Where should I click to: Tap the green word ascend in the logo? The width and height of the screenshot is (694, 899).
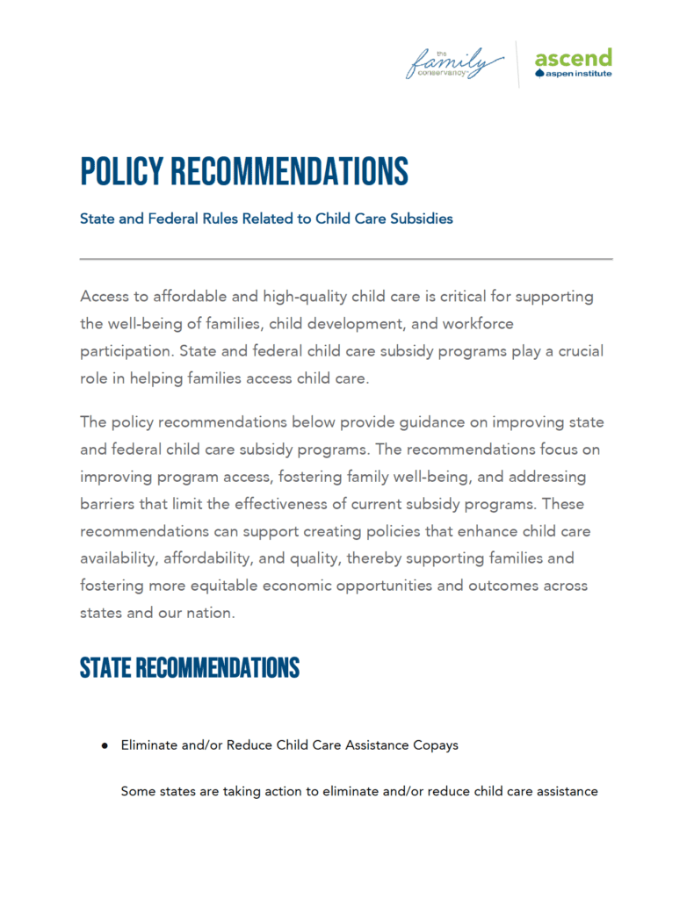tap(573, 59)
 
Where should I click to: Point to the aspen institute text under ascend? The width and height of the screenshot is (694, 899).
tap(578, 74)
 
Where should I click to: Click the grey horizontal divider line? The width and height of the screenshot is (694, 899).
tap(346, 259)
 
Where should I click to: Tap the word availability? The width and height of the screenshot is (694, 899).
tap(120, 558)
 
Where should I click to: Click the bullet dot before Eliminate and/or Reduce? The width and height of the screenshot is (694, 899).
tap(104, 745)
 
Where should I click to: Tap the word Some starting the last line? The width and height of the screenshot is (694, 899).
tap(139, 791)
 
